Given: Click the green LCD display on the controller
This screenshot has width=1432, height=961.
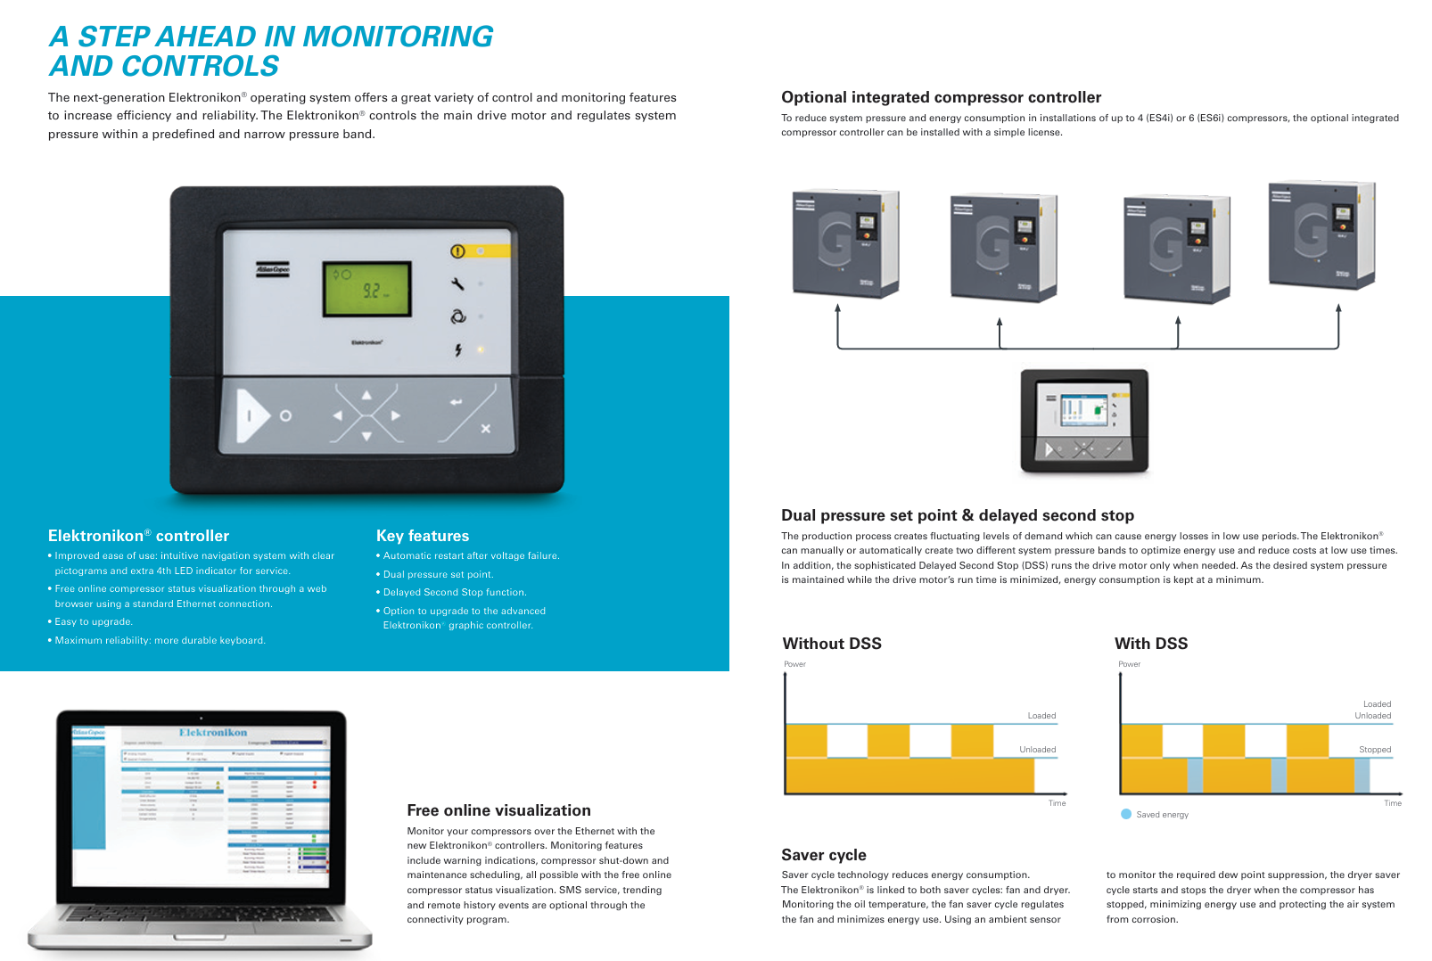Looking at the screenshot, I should point(367,289).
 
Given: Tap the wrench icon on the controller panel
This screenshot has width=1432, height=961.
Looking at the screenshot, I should point(457,284).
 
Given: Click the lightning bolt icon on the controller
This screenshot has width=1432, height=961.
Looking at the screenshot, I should point(458,350).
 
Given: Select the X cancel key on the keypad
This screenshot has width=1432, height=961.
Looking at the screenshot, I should point(485,429).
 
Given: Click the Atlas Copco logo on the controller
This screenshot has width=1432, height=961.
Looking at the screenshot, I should point(273,268).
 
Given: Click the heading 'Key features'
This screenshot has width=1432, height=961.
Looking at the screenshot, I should point(423,536).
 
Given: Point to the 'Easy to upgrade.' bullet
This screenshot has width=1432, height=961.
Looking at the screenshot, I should point(94,622).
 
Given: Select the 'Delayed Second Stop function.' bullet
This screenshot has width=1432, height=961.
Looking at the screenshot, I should point(455,593).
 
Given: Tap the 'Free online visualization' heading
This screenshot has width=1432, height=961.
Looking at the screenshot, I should point(498,810).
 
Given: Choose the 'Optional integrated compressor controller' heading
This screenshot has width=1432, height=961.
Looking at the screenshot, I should point(941,97).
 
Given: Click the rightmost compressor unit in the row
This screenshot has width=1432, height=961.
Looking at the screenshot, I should point(1321,235).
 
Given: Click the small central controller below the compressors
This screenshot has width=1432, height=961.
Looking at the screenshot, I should point(1084,421).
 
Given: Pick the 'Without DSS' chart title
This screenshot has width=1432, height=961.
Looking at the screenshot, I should point(832,644).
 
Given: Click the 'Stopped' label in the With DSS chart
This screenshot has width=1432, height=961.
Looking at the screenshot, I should point(1374,750).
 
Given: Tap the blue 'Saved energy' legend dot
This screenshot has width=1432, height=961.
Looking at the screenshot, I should point(1126,814).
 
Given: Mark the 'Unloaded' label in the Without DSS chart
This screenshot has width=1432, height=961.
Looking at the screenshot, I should point(1037,750).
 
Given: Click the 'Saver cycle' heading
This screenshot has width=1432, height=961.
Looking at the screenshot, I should point(824,855).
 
